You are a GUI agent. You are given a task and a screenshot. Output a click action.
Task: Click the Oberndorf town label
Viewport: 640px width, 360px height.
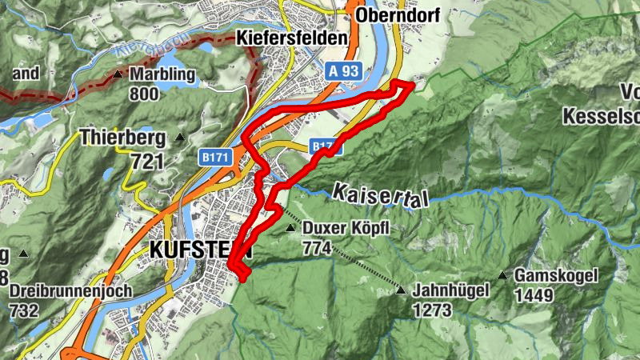tap(398, 16)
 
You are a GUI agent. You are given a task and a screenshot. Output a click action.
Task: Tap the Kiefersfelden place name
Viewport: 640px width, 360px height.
tap(292, 38)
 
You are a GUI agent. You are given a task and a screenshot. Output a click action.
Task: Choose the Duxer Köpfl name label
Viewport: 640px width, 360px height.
tap(346, 229)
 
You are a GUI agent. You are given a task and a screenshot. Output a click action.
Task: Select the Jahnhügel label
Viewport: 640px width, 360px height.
tap(451, 291)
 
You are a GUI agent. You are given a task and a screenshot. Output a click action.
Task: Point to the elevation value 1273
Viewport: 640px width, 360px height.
tap(432, 310)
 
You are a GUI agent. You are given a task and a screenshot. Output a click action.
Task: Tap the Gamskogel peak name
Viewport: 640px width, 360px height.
tap(557, 276)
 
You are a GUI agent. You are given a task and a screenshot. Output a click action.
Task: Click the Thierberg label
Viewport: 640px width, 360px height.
tap(122, 138)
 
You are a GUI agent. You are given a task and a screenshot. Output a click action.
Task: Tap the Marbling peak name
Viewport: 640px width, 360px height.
tap(162, 74)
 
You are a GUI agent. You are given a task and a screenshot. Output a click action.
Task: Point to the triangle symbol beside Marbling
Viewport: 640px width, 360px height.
tap(118, 74)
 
